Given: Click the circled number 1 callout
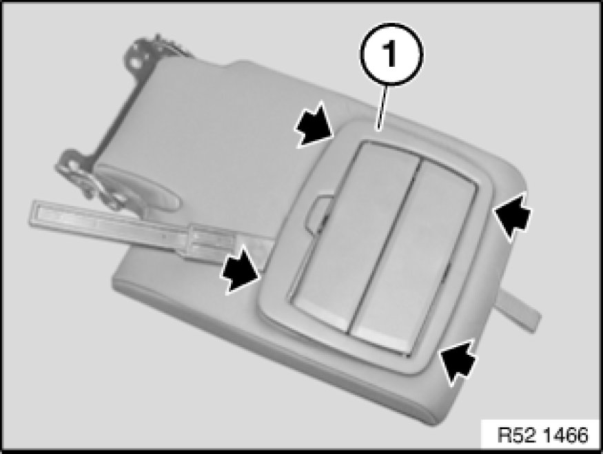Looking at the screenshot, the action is [391, 54].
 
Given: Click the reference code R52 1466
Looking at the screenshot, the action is [542, 435].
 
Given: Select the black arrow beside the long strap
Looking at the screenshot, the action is [240, 269].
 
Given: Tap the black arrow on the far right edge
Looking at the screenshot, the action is [512, 216].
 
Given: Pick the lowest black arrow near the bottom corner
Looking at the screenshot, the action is [458, 362].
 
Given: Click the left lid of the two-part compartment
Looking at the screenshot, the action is [353, 236].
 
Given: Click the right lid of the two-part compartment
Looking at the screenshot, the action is [413, 257].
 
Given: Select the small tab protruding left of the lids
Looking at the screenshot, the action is [316, 213].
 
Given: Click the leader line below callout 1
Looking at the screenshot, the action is [382, 107].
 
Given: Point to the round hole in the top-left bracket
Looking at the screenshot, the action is [136, 61].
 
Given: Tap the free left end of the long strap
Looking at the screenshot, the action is [34, 213].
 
